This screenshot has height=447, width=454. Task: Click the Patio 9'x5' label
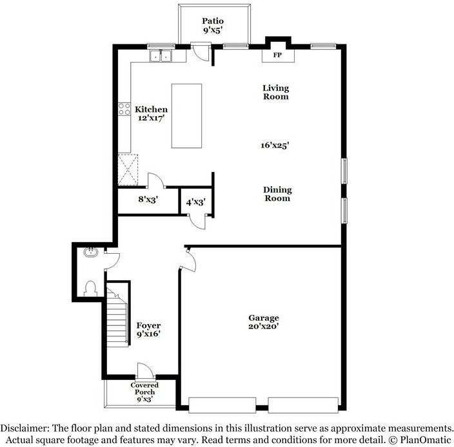(213, 24)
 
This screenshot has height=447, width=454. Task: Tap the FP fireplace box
(278, 55)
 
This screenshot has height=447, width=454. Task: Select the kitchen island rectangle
(186, 116)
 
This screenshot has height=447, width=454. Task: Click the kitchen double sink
(161, 57)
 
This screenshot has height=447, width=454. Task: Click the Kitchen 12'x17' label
(151, 114)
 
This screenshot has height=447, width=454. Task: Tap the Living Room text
(275, 92)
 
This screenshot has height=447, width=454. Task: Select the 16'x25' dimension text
(275, 146)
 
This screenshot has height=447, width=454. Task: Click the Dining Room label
(277, 194)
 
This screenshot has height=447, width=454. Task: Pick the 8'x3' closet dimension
(148, 200)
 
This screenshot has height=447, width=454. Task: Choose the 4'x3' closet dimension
(195, 201)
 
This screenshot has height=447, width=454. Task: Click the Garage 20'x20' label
(264, 322)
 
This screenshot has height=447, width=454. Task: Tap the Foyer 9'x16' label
(148, 330)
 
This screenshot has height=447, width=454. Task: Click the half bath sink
(90, 252)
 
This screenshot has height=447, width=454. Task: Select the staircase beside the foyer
(118, 316)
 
